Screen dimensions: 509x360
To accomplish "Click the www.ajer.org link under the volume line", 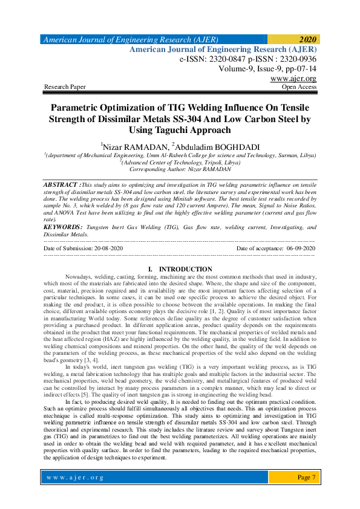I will (x=293, y=79).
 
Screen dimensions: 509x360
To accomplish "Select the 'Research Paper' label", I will (x=65, y=87).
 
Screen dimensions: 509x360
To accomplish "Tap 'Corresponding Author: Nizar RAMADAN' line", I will (x=180, y=170).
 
